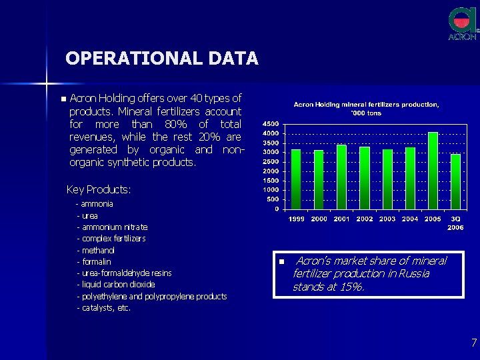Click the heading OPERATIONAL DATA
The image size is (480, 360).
[161, 59]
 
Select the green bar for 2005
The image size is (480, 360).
[433, 171]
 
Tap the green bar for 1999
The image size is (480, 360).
[296, 179]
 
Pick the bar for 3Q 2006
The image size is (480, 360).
[455, 181]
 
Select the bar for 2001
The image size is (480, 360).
[341, 177]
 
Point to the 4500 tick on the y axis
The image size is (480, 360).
[271, 125]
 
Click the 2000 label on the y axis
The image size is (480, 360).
[271, 171]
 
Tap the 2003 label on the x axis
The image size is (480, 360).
[387, 219]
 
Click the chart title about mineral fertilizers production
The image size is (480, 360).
[367, 109]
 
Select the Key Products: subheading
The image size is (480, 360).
[99, 190]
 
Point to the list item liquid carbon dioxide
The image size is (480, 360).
[119, 285]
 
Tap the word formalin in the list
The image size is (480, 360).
[97, 261]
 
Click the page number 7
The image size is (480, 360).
[473, 343]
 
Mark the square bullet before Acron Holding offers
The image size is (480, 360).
[63, 99]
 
